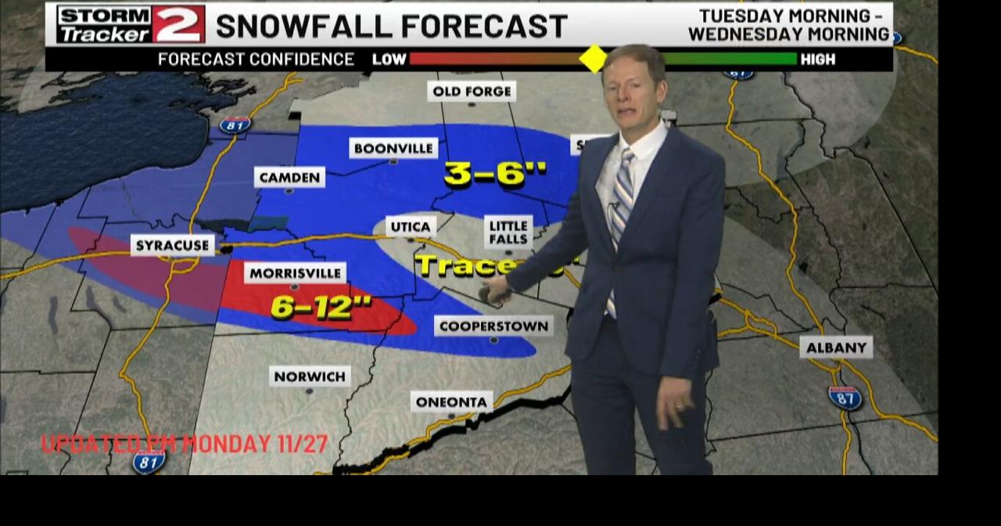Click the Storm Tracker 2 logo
tap(131, 24)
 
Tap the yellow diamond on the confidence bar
tap(593, 59)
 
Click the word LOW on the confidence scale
tap(389, 59)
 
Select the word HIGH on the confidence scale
tap(817, 59)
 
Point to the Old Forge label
tap(472, 92)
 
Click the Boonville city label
tap(393, 148)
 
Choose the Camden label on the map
tap(289, 178)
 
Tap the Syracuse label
tap(172, 246)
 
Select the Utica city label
tap(411, 227)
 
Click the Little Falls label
tap(508, 232)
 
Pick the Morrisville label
tap(295, 273)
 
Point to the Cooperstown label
tap(493, 326)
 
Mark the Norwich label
tap(310, 376)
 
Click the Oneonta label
tap(451, 402)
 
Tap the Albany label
tap(836, 347)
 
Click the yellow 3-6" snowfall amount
tap(495, 174)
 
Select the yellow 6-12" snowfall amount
tap(321, 307)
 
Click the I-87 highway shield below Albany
tap(845, 398)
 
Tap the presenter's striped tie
tap(622, 196)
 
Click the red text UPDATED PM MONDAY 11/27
tap(185, 444)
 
